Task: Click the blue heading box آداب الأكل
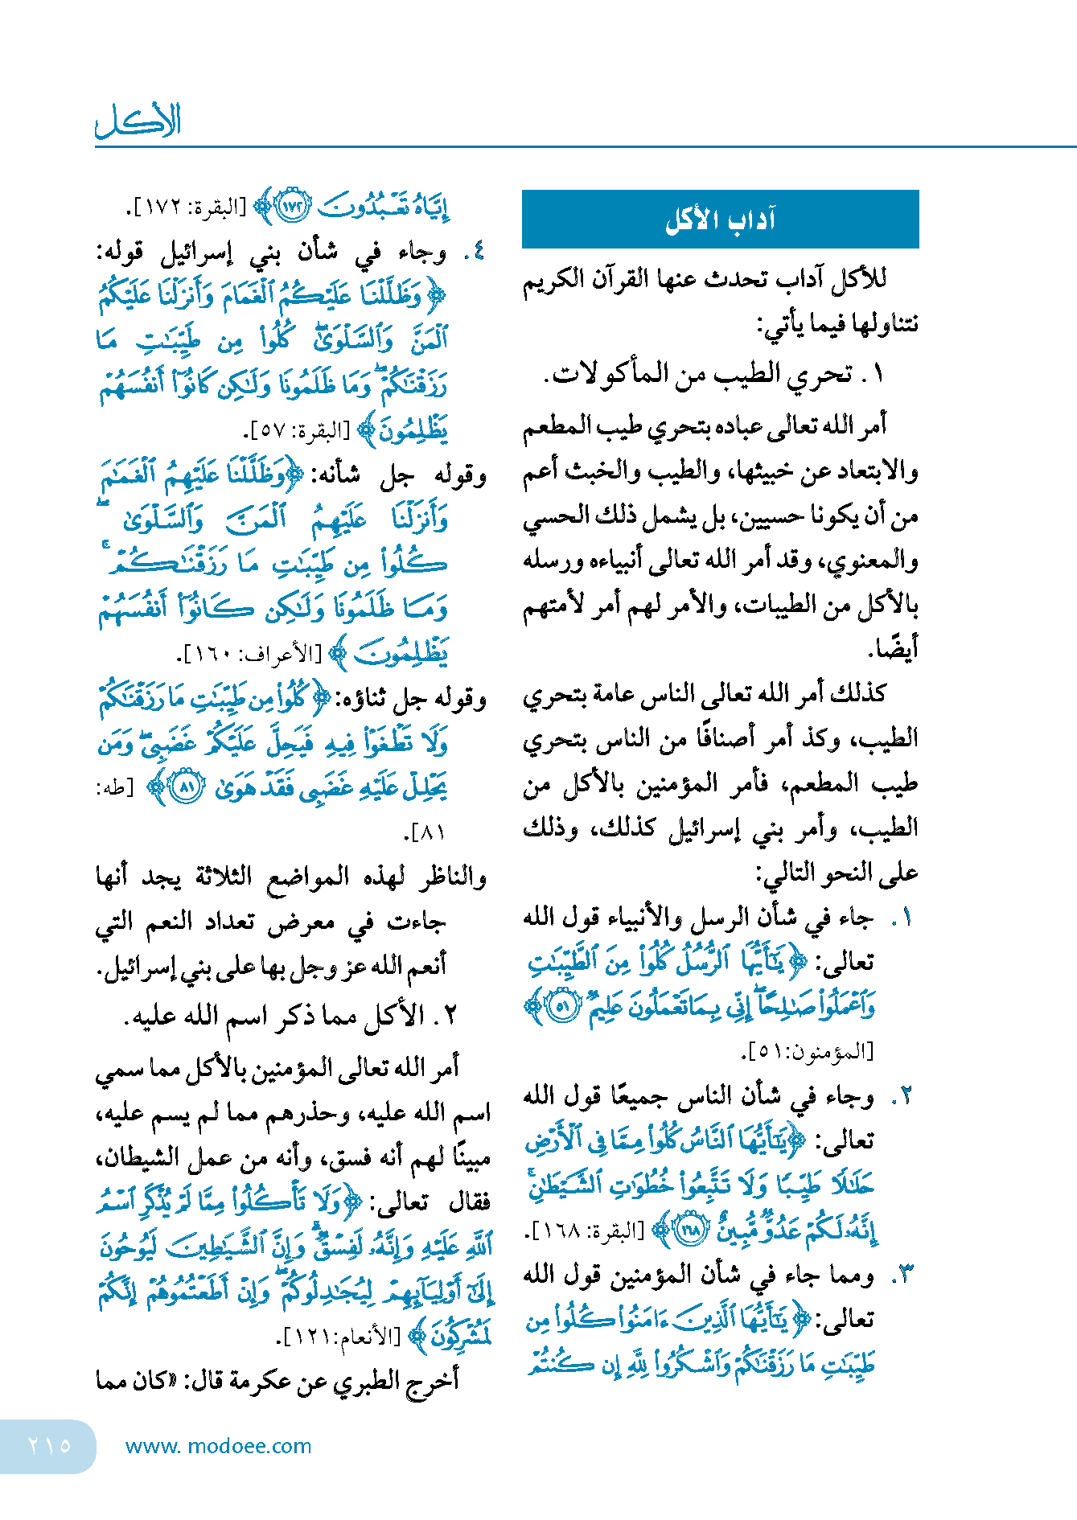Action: click(720, 220)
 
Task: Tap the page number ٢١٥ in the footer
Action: click(49, 1445)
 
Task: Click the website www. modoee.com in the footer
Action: click(218, 1446)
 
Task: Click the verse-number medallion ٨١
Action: click(187, 785)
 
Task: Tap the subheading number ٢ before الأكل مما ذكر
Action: click(450, 1015)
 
